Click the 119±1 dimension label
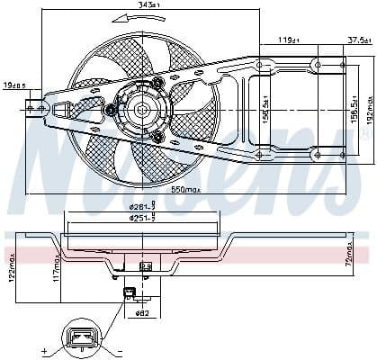coord(289,40)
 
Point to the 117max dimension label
coord(56,266)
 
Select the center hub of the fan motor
coord(141,112)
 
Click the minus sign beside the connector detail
coord(118,349)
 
